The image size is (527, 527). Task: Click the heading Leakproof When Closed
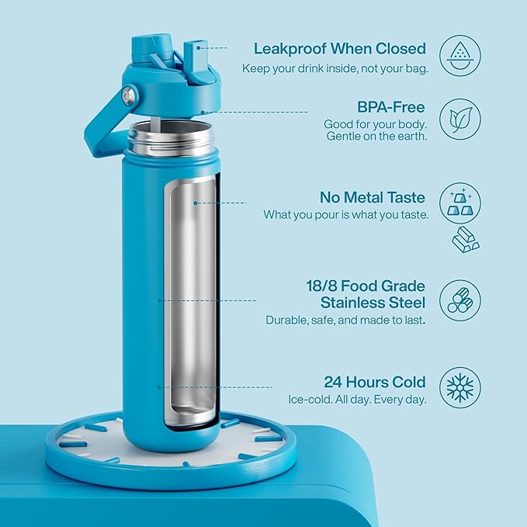pos(340,48)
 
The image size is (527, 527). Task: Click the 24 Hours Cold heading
pos(375,382)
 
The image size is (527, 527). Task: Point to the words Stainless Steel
pos(373,302)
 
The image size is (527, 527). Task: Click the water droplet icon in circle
pos(459,55)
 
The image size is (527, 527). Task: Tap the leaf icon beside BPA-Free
pos(459,120)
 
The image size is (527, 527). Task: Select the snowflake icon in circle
pos(459,387)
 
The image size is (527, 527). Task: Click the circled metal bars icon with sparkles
pos(459,203)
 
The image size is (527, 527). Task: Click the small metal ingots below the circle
pos(465,241)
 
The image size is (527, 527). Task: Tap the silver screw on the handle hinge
pos(129,96)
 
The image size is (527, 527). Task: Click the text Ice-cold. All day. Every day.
pos(356,400)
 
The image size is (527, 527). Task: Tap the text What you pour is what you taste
pos(345,214)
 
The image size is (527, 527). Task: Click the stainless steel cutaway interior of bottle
pos(191,303)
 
